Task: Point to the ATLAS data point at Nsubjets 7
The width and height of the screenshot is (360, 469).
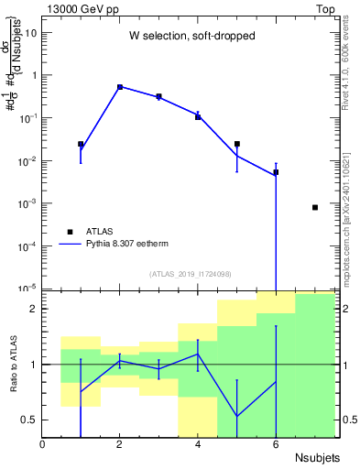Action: [315, 207]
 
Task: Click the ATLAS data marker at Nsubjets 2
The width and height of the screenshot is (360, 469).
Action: [120, 87]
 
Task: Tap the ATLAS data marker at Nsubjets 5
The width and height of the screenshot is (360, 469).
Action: [237, 144]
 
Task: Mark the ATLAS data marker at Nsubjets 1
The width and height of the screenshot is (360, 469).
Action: [81, 144]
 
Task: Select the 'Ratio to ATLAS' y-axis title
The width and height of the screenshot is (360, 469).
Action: [12, 365]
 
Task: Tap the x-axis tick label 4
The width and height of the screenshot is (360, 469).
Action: [198, 444]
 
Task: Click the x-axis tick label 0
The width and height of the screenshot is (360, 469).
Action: [42, 444]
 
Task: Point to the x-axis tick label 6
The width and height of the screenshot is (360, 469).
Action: [276, 444]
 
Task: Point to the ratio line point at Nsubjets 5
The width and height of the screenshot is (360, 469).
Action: [237, 416]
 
